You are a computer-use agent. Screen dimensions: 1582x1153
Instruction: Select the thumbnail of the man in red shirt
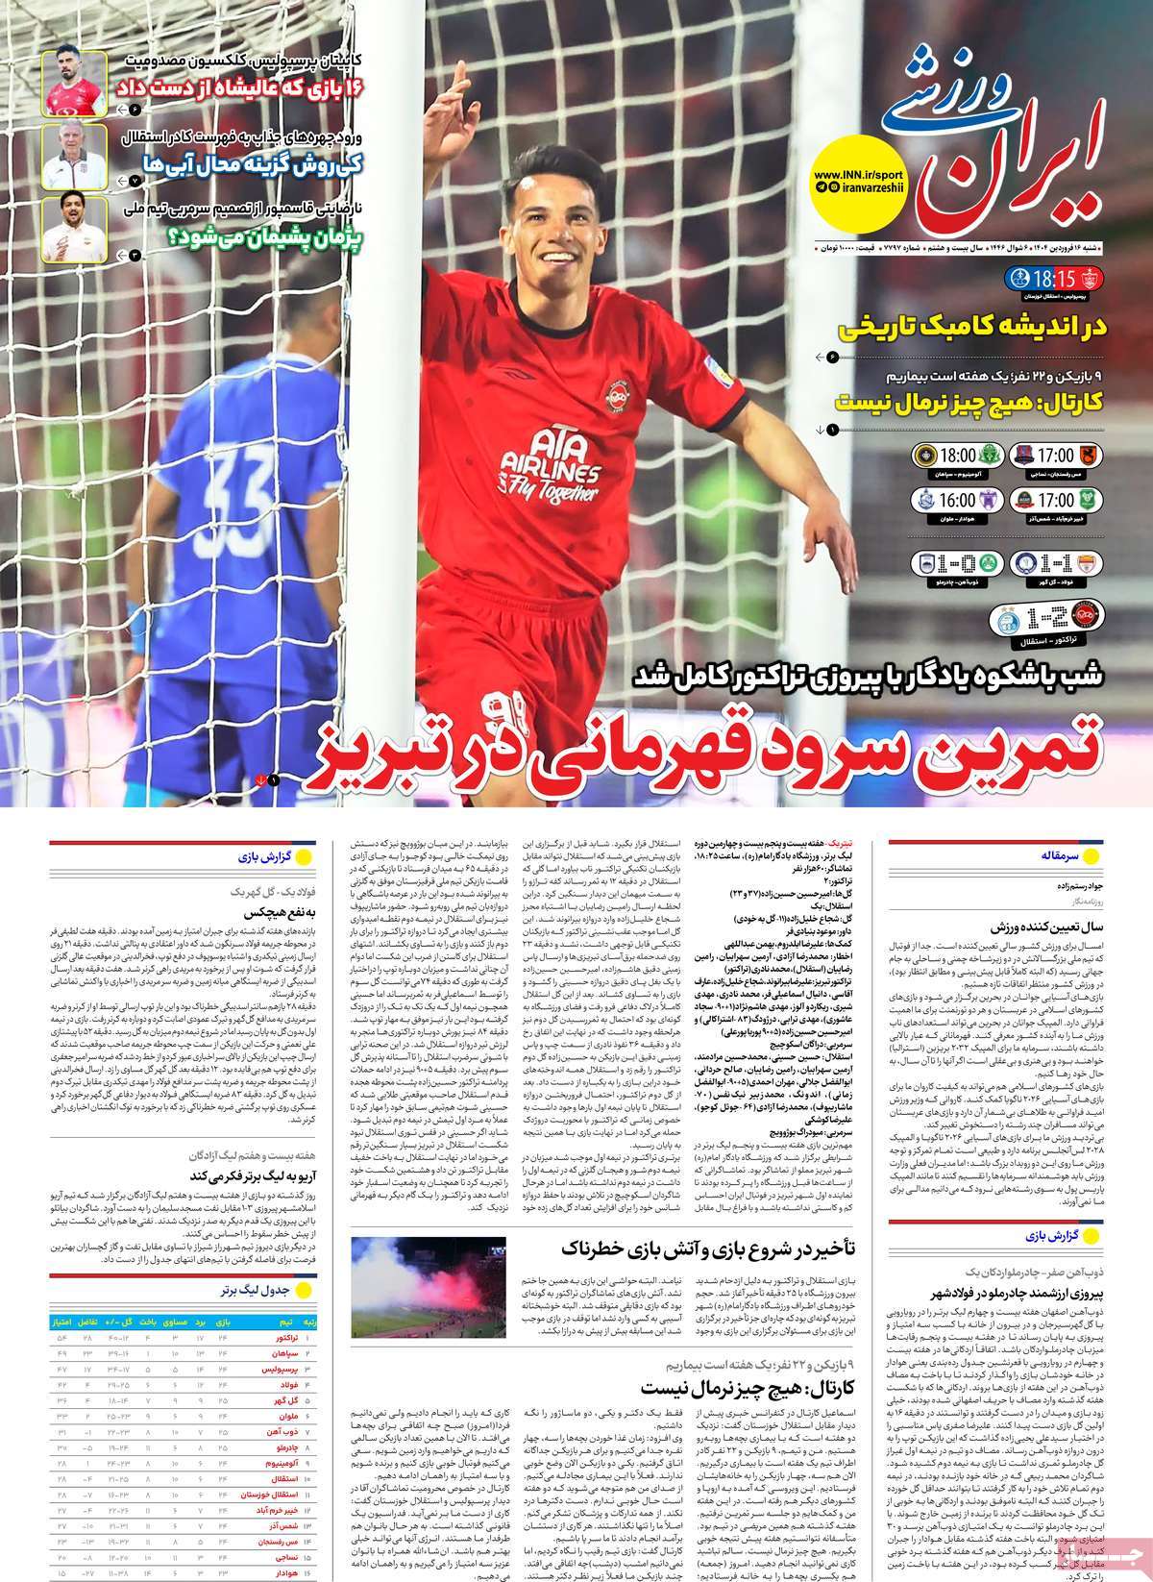point(73,84)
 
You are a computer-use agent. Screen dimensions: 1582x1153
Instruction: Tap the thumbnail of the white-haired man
point(73,155)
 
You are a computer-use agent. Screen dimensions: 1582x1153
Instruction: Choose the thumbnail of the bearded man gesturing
point(73,227)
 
